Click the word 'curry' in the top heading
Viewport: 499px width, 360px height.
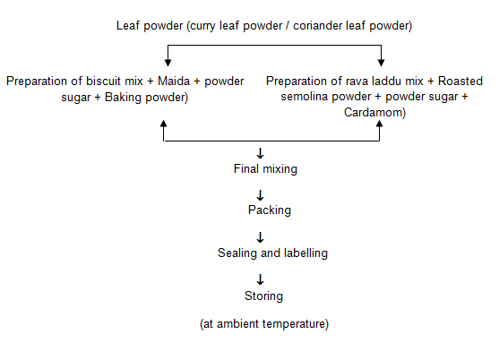click(202, 26)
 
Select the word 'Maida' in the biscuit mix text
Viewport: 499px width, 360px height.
click(174, 81)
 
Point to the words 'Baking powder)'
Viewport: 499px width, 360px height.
click(146, 98)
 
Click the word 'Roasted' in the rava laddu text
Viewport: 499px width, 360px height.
click(460, 81)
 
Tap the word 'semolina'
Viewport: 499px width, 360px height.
click(303, 97)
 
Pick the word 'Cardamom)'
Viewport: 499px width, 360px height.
click(374, 113)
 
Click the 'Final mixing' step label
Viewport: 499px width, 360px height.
click(265, 169)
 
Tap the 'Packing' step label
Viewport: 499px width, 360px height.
click(270, 210)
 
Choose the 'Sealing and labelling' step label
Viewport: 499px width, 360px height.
click(272, 253)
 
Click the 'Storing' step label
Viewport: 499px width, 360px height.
click(263, 296)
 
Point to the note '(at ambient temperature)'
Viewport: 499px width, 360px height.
click(264, 324)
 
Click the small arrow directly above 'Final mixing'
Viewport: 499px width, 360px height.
click(261, 153)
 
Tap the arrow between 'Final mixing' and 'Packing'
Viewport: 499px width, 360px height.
click(261, 195)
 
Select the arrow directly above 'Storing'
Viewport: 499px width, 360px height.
click(261, 279)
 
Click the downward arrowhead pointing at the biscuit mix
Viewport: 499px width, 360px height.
click(168, 63)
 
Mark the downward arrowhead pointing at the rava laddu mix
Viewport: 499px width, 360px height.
click(381, 63)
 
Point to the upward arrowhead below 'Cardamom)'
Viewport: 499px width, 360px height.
click(379, 124)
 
